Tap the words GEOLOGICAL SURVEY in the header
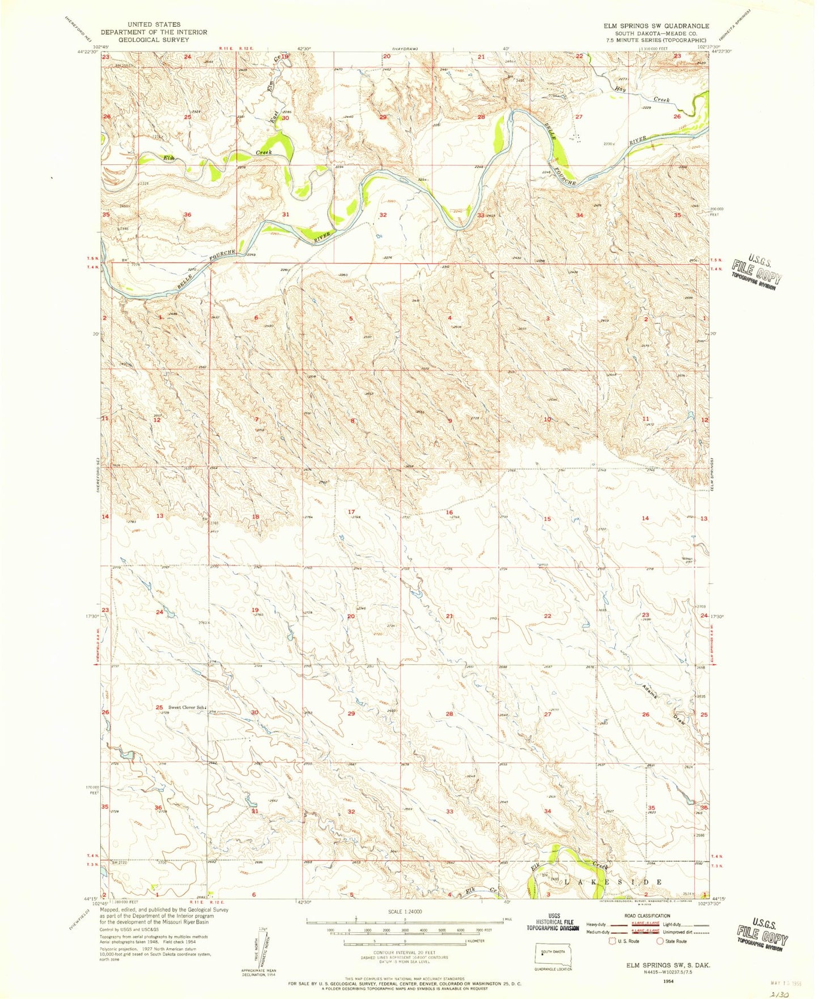tap(154, 40)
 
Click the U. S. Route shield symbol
tap(613, 941)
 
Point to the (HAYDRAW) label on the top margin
tap(406, 49)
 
